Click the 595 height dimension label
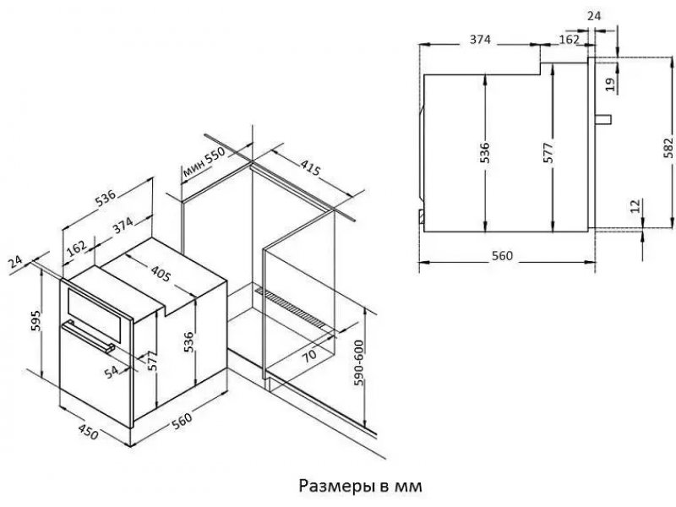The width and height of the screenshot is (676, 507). pyautogui.click(x=36, y=320)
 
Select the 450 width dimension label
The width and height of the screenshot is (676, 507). pyautogui.click(x=89, y=432)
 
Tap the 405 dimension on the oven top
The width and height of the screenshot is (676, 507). pyautogui.click(x=161, y=273)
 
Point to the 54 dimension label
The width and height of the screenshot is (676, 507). pyautogui.click(x=112, y=371)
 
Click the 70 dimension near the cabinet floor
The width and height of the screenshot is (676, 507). pyautogui.click(x=308, y=355)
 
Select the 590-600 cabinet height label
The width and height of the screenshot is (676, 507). pyautogui.click(x=358, y=363)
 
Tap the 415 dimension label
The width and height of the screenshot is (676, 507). pyautogui.click(x=310, y=167)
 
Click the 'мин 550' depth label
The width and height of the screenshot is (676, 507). pyautogui.click(x=204, y=163)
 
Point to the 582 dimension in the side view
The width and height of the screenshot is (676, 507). pyautogui.click(x=668, y=147)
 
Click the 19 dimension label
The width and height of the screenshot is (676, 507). pyautogui.click(x=609, y=84)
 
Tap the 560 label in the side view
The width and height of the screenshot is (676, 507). pyautogui.click(x=503, y=256)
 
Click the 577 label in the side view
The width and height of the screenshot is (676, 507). pyautogui.click(x=548, y=153)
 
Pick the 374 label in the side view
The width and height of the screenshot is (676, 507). pyautogui.click(x=480, y=40)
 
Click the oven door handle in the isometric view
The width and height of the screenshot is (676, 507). pyautogui.click(x=89, y=337)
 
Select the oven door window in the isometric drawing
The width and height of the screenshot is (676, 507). pyautogui.click(x=97, y=315)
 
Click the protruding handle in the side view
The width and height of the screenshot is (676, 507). pyautogui.click(x=603, y=119)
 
